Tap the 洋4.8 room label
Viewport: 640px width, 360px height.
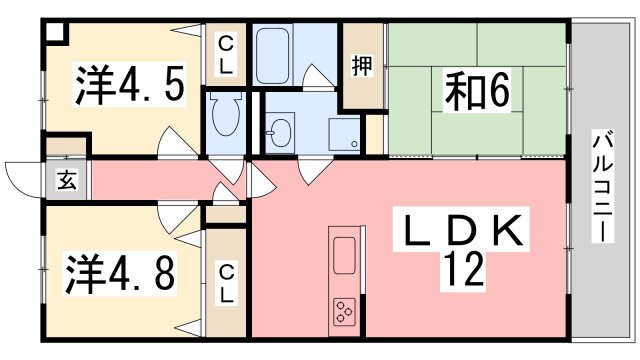[125, 271]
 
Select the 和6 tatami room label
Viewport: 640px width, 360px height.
[477, 92]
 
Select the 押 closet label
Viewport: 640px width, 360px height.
[361, 67]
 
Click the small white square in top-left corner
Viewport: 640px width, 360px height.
[53, 31]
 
